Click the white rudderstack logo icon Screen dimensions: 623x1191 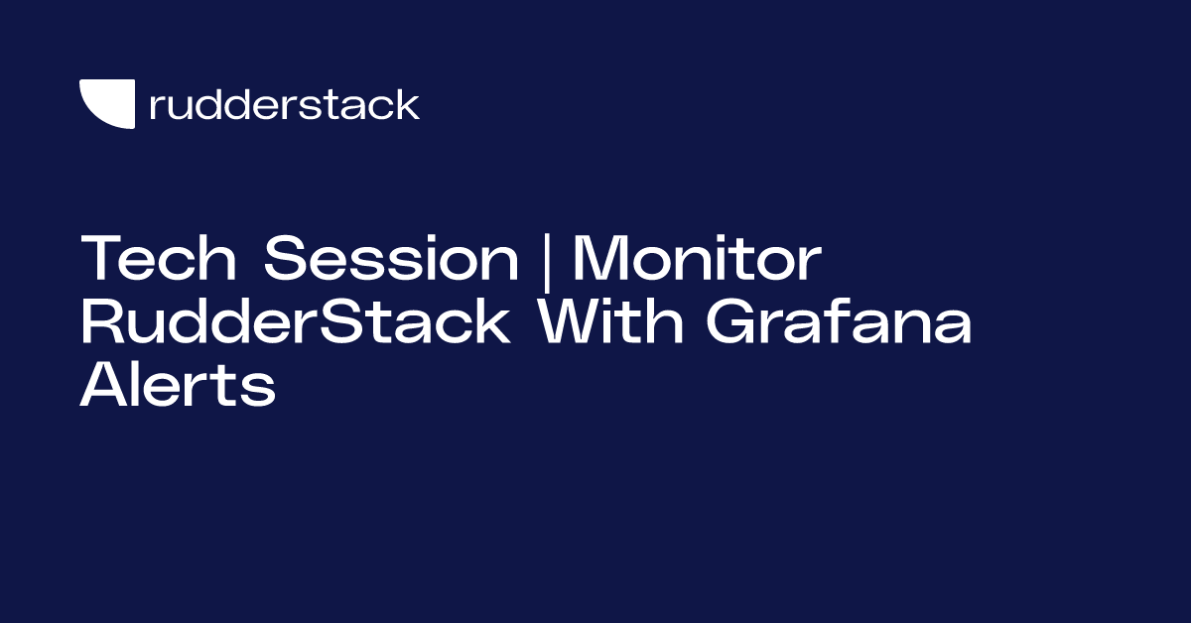(x=106, y=103)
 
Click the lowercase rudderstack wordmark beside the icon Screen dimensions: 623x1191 (x=284, y=104)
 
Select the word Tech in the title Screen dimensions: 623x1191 (x=159, y=260)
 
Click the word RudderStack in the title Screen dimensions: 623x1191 (x=296, y=323)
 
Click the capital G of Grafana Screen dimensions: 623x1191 (x=742, y=323)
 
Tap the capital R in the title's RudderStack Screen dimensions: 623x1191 (x=102, y=323)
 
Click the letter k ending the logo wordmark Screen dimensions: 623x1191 (x=408, y=104)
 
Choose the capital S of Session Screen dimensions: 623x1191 (x=288, y=260)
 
